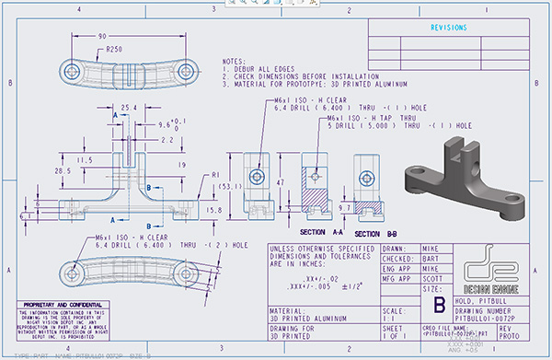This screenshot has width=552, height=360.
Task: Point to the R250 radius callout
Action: tap(115, 48)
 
